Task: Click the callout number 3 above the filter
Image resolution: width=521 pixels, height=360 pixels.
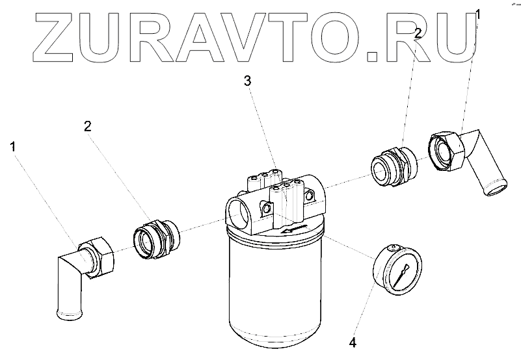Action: [x=247, y=81]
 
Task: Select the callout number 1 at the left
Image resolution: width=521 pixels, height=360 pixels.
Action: [x=12, y=148]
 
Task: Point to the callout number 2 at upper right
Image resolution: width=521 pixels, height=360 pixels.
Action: [x=418, y=32]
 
